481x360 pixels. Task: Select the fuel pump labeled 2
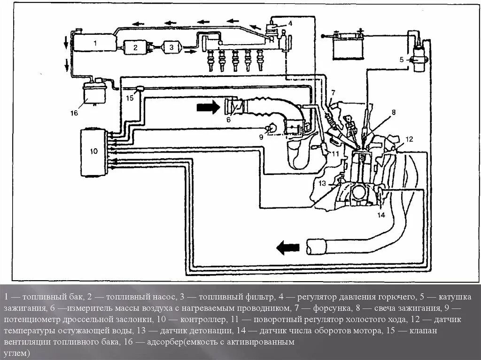tap(135, 47)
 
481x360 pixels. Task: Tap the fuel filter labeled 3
tap(171, 47)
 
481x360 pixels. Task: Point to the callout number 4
tap(290, 23)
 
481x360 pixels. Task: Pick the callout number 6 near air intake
tap(228, 120)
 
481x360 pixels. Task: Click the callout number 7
tap(333, 92)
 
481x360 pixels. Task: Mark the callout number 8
tap(394, 112)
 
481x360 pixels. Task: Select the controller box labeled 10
tap(94, 152)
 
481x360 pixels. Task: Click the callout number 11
tap(335, 153)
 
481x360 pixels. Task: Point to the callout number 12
tap(409, 138)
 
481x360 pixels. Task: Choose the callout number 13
tap(322, 183)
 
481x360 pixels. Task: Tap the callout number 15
tap(129, 98)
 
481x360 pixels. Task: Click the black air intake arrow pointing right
tap(208, 107)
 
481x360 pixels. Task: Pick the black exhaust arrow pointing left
tap(287, 247)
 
